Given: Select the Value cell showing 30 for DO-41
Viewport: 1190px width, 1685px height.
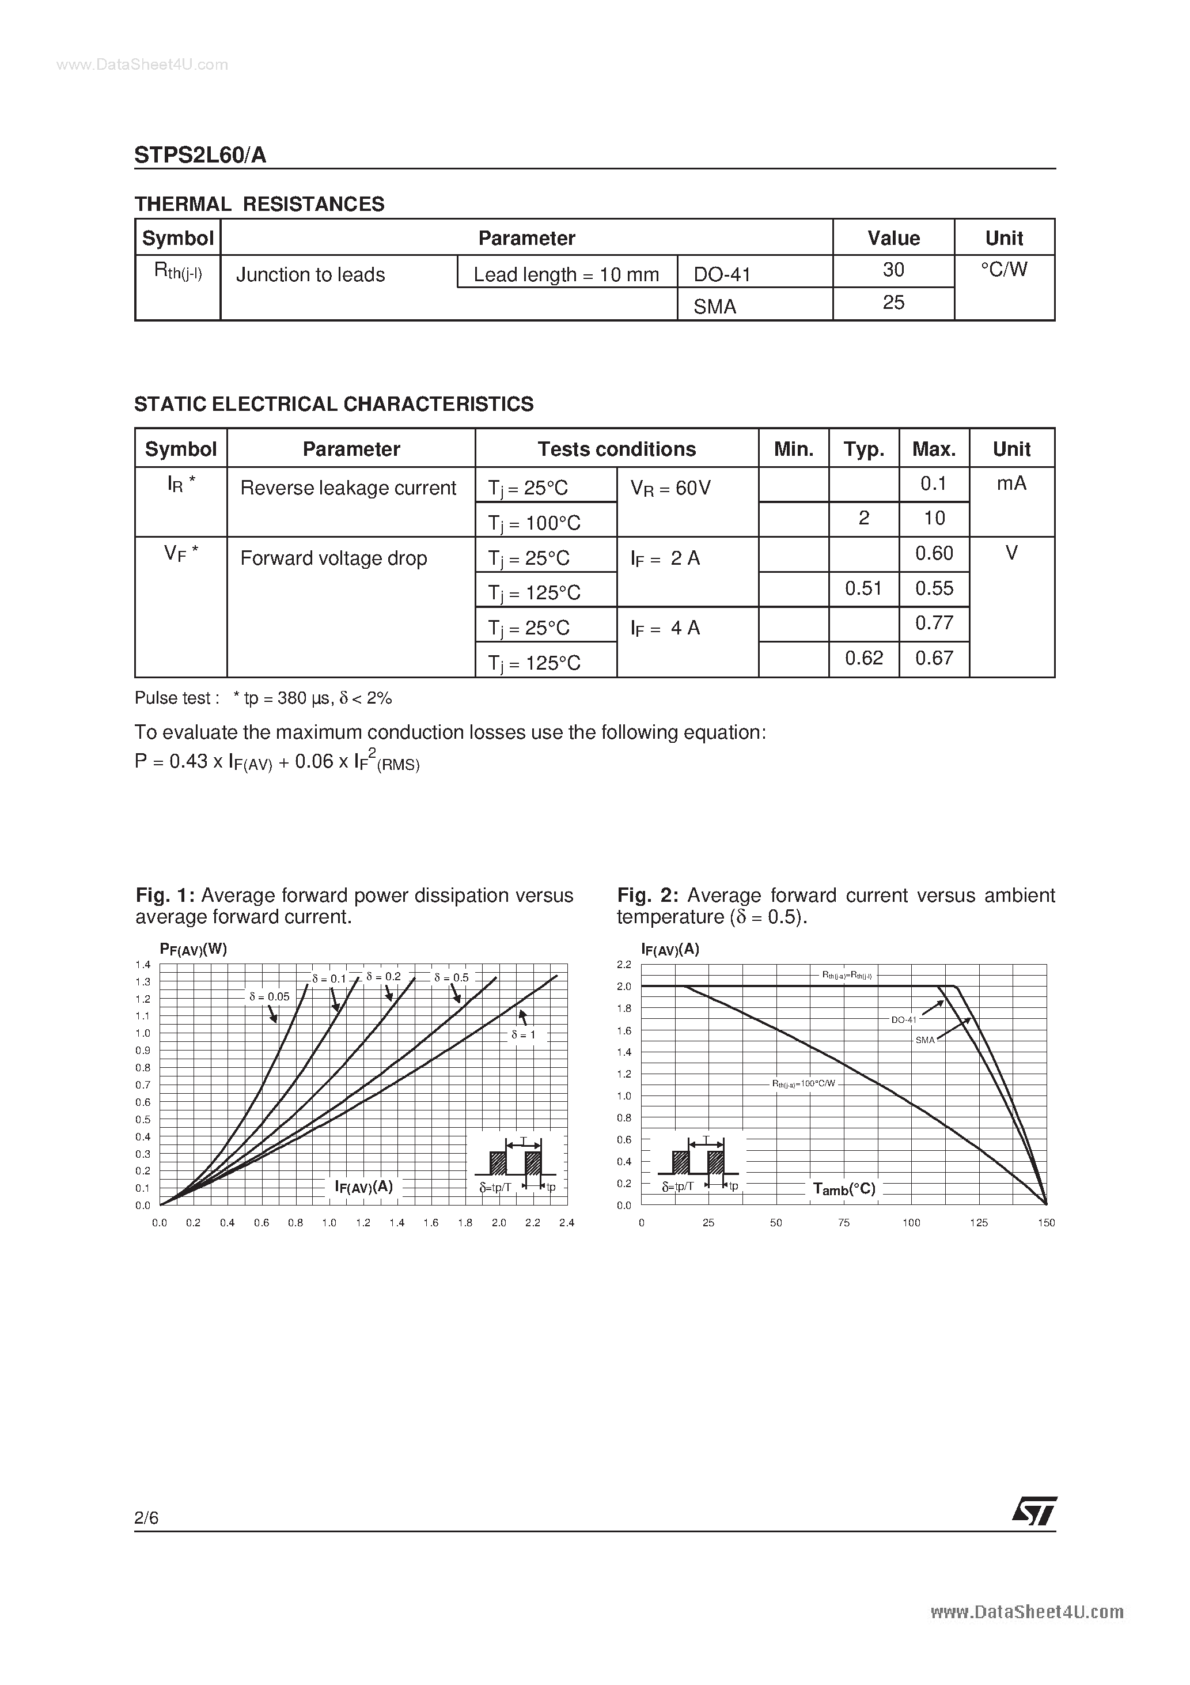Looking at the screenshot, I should (893, 270).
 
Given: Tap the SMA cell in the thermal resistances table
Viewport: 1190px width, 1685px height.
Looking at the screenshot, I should (715, 306).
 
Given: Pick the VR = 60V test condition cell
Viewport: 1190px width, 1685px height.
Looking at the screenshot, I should (670, 488).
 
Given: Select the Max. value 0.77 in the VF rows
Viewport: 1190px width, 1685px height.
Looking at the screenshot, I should (934, 623).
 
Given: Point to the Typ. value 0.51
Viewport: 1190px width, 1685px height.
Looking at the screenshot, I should (863, 588).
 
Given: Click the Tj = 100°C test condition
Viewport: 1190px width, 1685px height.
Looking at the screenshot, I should (534, 523).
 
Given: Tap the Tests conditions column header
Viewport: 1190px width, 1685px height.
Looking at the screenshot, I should (616, 448).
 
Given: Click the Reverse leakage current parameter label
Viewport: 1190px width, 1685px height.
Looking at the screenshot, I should (348, 488).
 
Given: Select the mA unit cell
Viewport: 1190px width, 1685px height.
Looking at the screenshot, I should (1011, 483).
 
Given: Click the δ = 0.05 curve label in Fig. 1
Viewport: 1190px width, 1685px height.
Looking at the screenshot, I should (269, 996).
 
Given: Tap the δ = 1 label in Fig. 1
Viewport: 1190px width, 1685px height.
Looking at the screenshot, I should (524, 1034).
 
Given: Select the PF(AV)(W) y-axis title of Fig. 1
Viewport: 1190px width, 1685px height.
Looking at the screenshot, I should (193, 949).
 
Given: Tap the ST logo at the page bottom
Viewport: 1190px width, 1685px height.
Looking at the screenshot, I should (1034, 1512).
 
